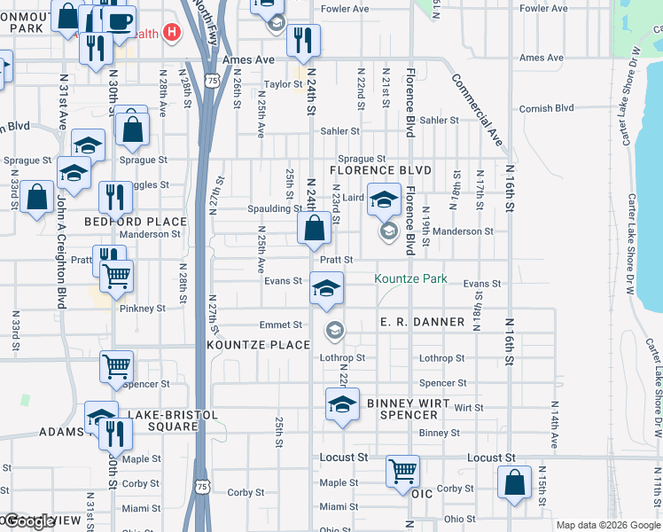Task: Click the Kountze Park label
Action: [410, 279]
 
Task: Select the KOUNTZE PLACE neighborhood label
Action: [259, 344]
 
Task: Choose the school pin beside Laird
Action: [384, 199]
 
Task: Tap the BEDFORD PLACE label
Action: [136, 222]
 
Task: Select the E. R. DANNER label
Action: [422, 322]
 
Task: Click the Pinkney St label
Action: [143, 309]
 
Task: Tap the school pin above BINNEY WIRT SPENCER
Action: [342, 404]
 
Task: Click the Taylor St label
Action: [283, 84]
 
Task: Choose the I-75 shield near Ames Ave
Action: [211, 80]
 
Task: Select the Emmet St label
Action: [280, 325]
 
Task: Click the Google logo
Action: [28, 521]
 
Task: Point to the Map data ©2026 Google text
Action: [608, 525]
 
